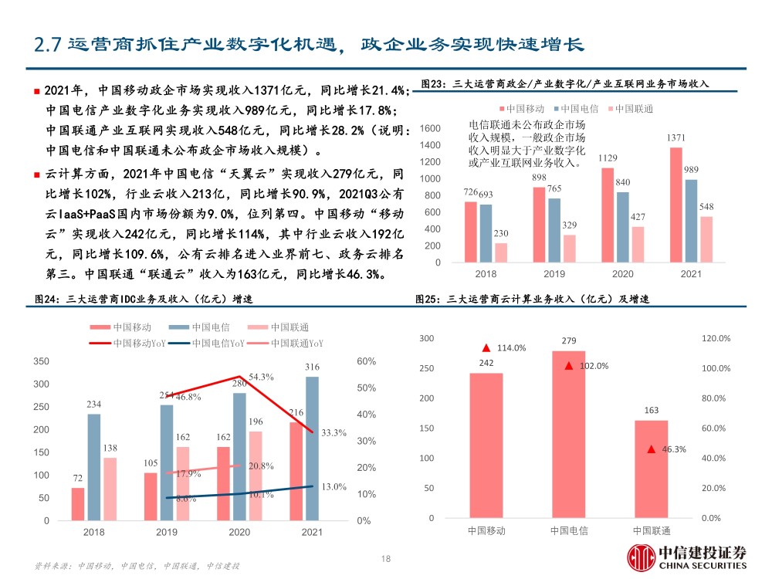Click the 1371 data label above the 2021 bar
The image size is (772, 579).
pyautogui.click(x=675, y=138)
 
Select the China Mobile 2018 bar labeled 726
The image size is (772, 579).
pyautogui.click(x=471, y=232)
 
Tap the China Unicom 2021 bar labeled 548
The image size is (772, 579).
pyautogui.click(x=706, y=239)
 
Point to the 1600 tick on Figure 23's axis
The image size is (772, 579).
pyautogui.click(x=430, y=128)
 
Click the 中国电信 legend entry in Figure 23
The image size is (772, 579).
pyautogui.click(x=576, y=109)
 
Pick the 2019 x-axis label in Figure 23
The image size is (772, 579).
pyautogui.click(x=554, y=274)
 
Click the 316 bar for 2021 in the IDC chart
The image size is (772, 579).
pyautogui.click(x=312, y=449)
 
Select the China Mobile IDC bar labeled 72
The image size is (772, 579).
pyautogui.click(x=78, y=504)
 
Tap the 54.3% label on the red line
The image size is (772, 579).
pyautogui.click(x=261, y=377)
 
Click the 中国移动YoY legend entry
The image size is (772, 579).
pyautogui.click(x=127, y=344)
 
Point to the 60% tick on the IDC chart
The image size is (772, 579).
pyautogui.click(x=366, y=361)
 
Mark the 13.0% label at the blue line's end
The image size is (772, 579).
pyautogui.click(x=334, y=486)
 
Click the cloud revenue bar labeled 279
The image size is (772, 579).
pyautogui.click(x=569, y=434)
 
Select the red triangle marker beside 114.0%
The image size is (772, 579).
pyautogui.click(x=486, y=348)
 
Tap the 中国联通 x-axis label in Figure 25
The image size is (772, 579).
pyautogui.click(x=652, y=531)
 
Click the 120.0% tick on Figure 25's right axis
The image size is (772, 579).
pyautogui.click(x=716, y=338)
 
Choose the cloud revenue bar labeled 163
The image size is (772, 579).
pyautogui.click(x=652, y=469)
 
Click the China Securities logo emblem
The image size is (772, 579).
pyautogui.click(x=641, y=558)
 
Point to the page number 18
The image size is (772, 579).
pyautogui.click(x=386, y=559)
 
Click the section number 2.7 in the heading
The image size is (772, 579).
pyautogui.click(x=47, y=45)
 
